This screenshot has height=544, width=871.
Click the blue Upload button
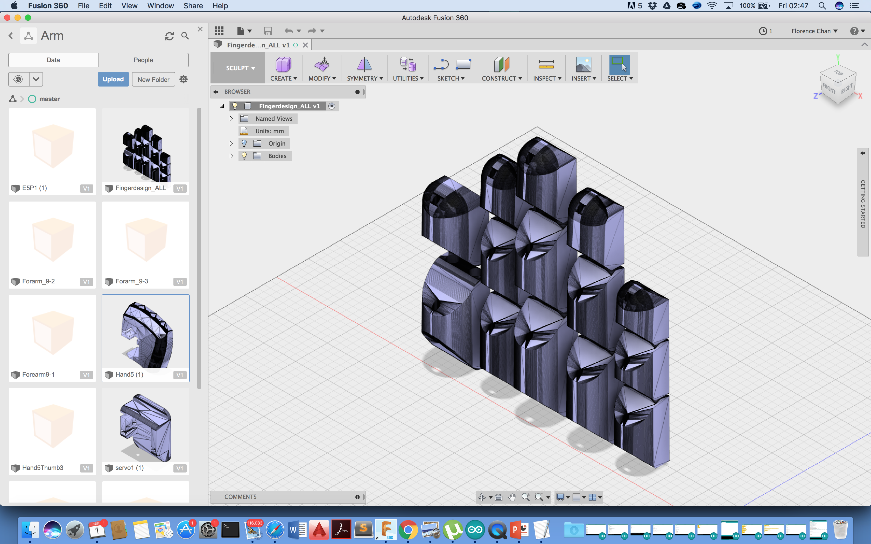click(x=113, y=79)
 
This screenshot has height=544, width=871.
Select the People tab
click(x=143, y=60)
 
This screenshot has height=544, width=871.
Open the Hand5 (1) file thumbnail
click(x=145, y=335)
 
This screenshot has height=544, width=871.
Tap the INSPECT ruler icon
click(x=546, y=65)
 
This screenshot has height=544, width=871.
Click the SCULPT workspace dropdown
click(x=240, y=68)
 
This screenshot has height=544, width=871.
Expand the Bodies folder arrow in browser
click(x=231, y=156)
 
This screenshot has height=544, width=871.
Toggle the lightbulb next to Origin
click(x=244, y=144)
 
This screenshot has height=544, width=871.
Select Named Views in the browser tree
click(x=273, y=119)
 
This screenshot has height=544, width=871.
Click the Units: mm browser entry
click(x=269, y=131)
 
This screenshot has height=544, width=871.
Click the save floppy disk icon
click(x=268, y=31)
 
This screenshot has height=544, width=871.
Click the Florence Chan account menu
click(x=814, y=31)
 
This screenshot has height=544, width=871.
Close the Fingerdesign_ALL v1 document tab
click(x=305, y=45)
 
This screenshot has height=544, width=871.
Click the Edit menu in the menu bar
click(x=105, y=6)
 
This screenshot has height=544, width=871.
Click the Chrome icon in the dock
click(x=408, y=530)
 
